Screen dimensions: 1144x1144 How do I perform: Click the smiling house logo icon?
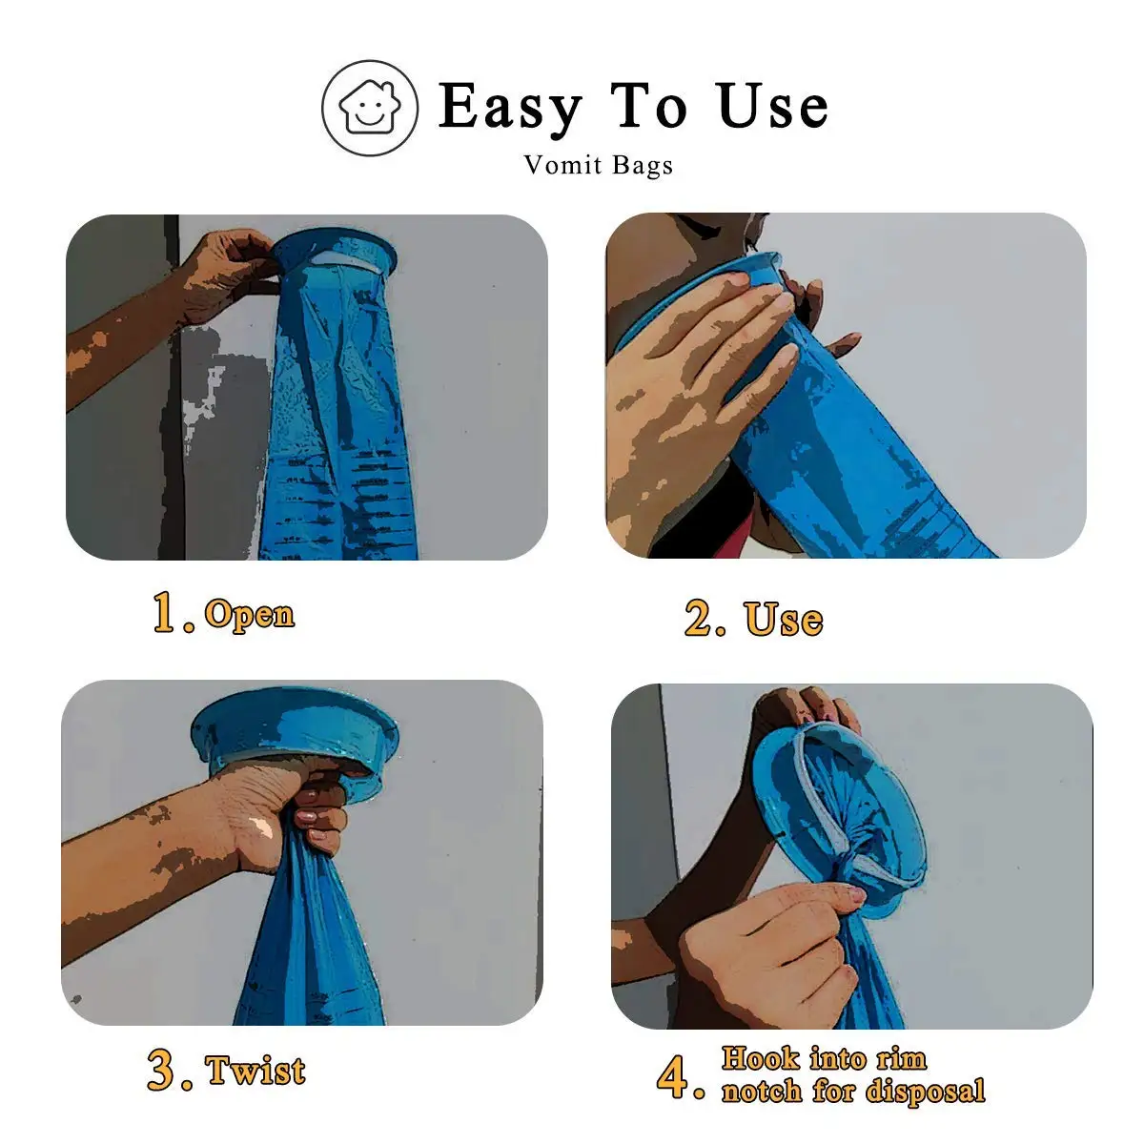coord(370,108)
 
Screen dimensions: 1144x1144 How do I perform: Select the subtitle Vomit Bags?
coord(598,165)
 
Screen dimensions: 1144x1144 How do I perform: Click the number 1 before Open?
coord(165,612)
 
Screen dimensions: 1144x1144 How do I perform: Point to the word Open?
coord(250,615)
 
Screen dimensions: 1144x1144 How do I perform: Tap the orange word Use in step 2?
coord(784,619)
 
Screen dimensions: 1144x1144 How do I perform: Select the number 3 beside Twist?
coord(161,1070)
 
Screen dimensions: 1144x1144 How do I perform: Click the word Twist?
coord(256,1071)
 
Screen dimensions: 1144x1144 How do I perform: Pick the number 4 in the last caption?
coord(673,1076)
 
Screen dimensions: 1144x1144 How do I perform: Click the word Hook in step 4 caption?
coord(760,1058)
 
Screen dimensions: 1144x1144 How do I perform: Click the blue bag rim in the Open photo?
coord(334,250)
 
